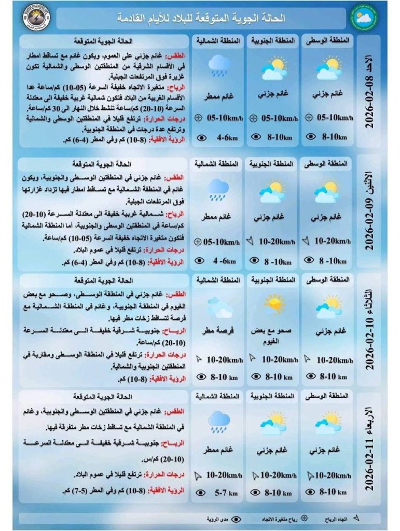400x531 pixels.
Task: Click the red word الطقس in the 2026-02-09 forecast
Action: click(177, 177)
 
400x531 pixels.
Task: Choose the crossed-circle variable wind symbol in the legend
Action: click(304, 519)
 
